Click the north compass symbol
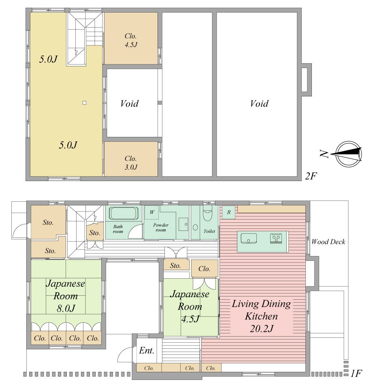click(x=348, y=154)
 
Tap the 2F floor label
click(x=311, y=176)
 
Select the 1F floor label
click(x=356, y=373)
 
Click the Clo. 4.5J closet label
click(x=131, y=40)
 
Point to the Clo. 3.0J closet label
click(x=131, y=162)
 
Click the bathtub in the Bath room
click(x=124, y=213)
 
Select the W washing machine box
click(x=152, y=212)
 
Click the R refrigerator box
click(x=228, y=212)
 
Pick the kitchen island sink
click(x=249, y=238)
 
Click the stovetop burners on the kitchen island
click(x=276, y=238)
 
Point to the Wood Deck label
click(x=328, y=242)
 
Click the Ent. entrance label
click(x=147, y=350)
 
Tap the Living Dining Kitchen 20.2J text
click(x=261, y=316)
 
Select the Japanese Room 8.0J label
click(x=65, y=296)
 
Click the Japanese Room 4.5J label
click(x=190, y=306)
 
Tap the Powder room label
click(x=161, y=228)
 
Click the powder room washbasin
click(x=183, y=224)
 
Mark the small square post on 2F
click(x=85, y=103)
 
